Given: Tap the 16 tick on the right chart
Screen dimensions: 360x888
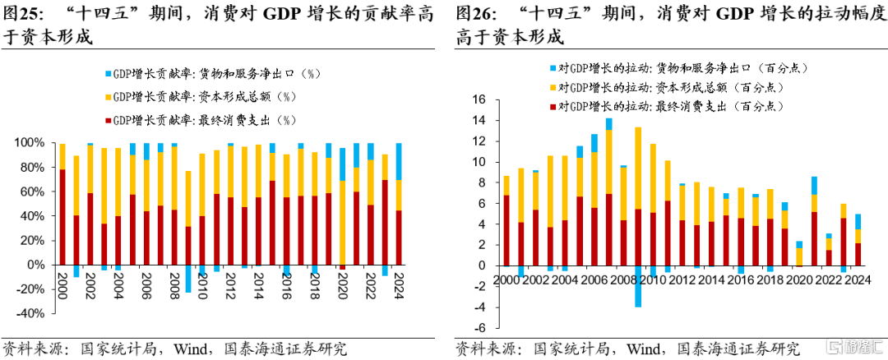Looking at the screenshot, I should pos(480,99).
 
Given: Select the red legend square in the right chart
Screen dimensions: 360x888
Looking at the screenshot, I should pos(553,107).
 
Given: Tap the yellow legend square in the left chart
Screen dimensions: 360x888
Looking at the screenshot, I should pos(109,96).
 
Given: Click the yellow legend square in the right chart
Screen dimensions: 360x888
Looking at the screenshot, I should pos(553,87).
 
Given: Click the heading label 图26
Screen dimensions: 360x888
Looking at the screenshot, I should pos(475,14).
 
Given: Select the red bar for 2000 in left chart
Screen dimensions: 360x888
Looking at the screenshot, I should pos(62,217).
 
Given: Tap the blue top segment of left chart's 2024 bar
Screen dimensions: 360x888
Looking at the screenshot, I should pos(399,161).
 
